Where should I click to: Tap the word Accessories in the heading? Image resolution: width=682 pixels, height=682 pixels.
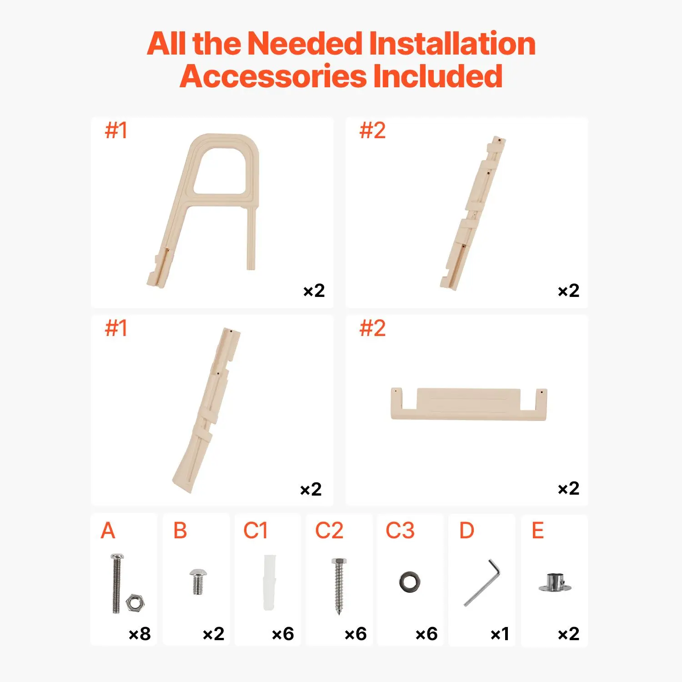(273, 76)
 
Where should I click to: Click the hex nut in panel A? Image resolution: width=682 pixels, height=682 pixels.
(135, 603)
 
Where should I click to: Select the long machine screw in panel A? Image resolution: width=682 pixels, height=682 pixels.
(117, 584)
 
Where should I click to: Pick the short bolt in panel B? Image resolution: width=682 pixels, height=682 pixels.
(197, 581)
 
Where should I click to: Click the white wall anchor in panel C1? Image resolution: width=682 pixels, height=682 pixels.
(269, 582)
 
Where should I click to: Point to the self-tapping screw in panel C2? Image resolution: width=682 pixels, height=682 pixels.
(339, 586)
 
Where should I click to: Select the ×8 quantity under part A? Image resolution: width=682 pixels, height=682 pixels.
(140, 634)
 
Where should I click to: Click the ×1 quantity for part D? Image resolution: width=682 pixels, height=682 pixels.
(499, 634)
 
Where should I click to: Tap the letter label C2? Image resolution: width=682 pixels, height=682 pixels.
(329, 531)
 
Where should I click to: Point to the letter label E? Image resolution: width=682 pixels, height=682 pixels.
(537, 531)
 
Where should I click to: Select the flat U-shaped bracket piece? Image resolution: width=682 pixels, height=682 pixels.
(469, 404)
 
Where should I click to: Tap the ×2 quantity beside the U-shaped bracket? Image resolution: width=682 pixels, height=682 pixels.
(568, 488)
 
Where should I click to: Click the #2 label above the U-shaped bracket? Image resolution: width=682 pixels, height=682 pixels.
(372, 328)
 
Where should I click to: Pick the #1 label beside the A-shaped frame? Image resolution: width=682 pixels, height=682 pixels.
(116, 130)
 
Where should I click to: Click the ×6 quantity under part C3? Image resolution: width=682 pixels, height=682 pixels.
(426, 634)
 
